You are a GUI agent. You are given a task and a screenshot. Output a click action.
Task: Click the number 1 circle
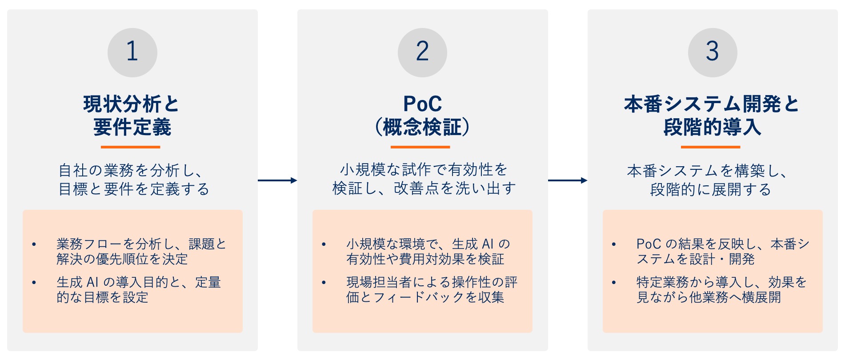132,52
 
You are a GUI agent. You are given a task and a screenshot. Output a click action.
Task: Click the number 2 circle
422,52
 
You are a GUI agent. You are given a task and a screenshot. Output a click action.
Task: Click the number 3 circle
713,52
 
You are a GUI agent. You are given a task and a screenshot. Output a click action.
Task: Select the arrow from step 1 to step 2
277,180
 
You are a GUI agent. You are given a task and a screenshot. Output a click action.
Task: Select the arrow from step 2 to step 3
568,180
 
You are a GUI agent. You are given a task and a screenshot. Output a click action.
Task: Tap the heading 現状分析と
131,104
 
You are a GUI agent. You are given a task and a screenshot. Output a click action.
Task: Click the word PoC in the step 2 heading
422,104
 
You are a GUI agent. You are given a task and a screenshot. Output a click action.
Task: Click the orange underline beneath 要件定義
130,147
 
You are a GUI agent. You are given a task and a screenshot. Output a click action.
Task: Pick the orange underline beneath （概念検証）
420,147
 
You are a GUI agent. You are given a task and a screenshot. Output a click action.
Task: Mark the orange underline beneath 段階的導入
710,147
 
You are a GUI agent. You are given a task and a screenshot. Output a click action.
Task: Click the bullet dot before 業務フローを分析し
34,244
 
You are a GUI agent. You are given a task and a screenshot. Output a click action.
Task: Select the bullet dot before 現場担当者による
324,283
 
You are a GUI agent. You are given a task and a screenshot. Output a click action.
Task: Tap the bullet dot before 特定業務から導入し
614,283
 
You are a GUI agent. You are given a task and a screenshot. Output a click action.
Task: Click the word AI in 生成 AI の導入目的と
92,282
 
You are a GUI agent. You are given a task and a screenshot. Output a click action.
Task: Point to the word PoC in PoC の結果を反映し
649,244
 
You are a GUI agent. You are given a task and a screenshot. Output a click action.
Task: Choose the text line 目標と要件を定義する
134,189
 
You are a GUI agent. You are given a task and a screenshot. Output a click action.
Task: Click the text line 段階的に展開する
710,190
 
